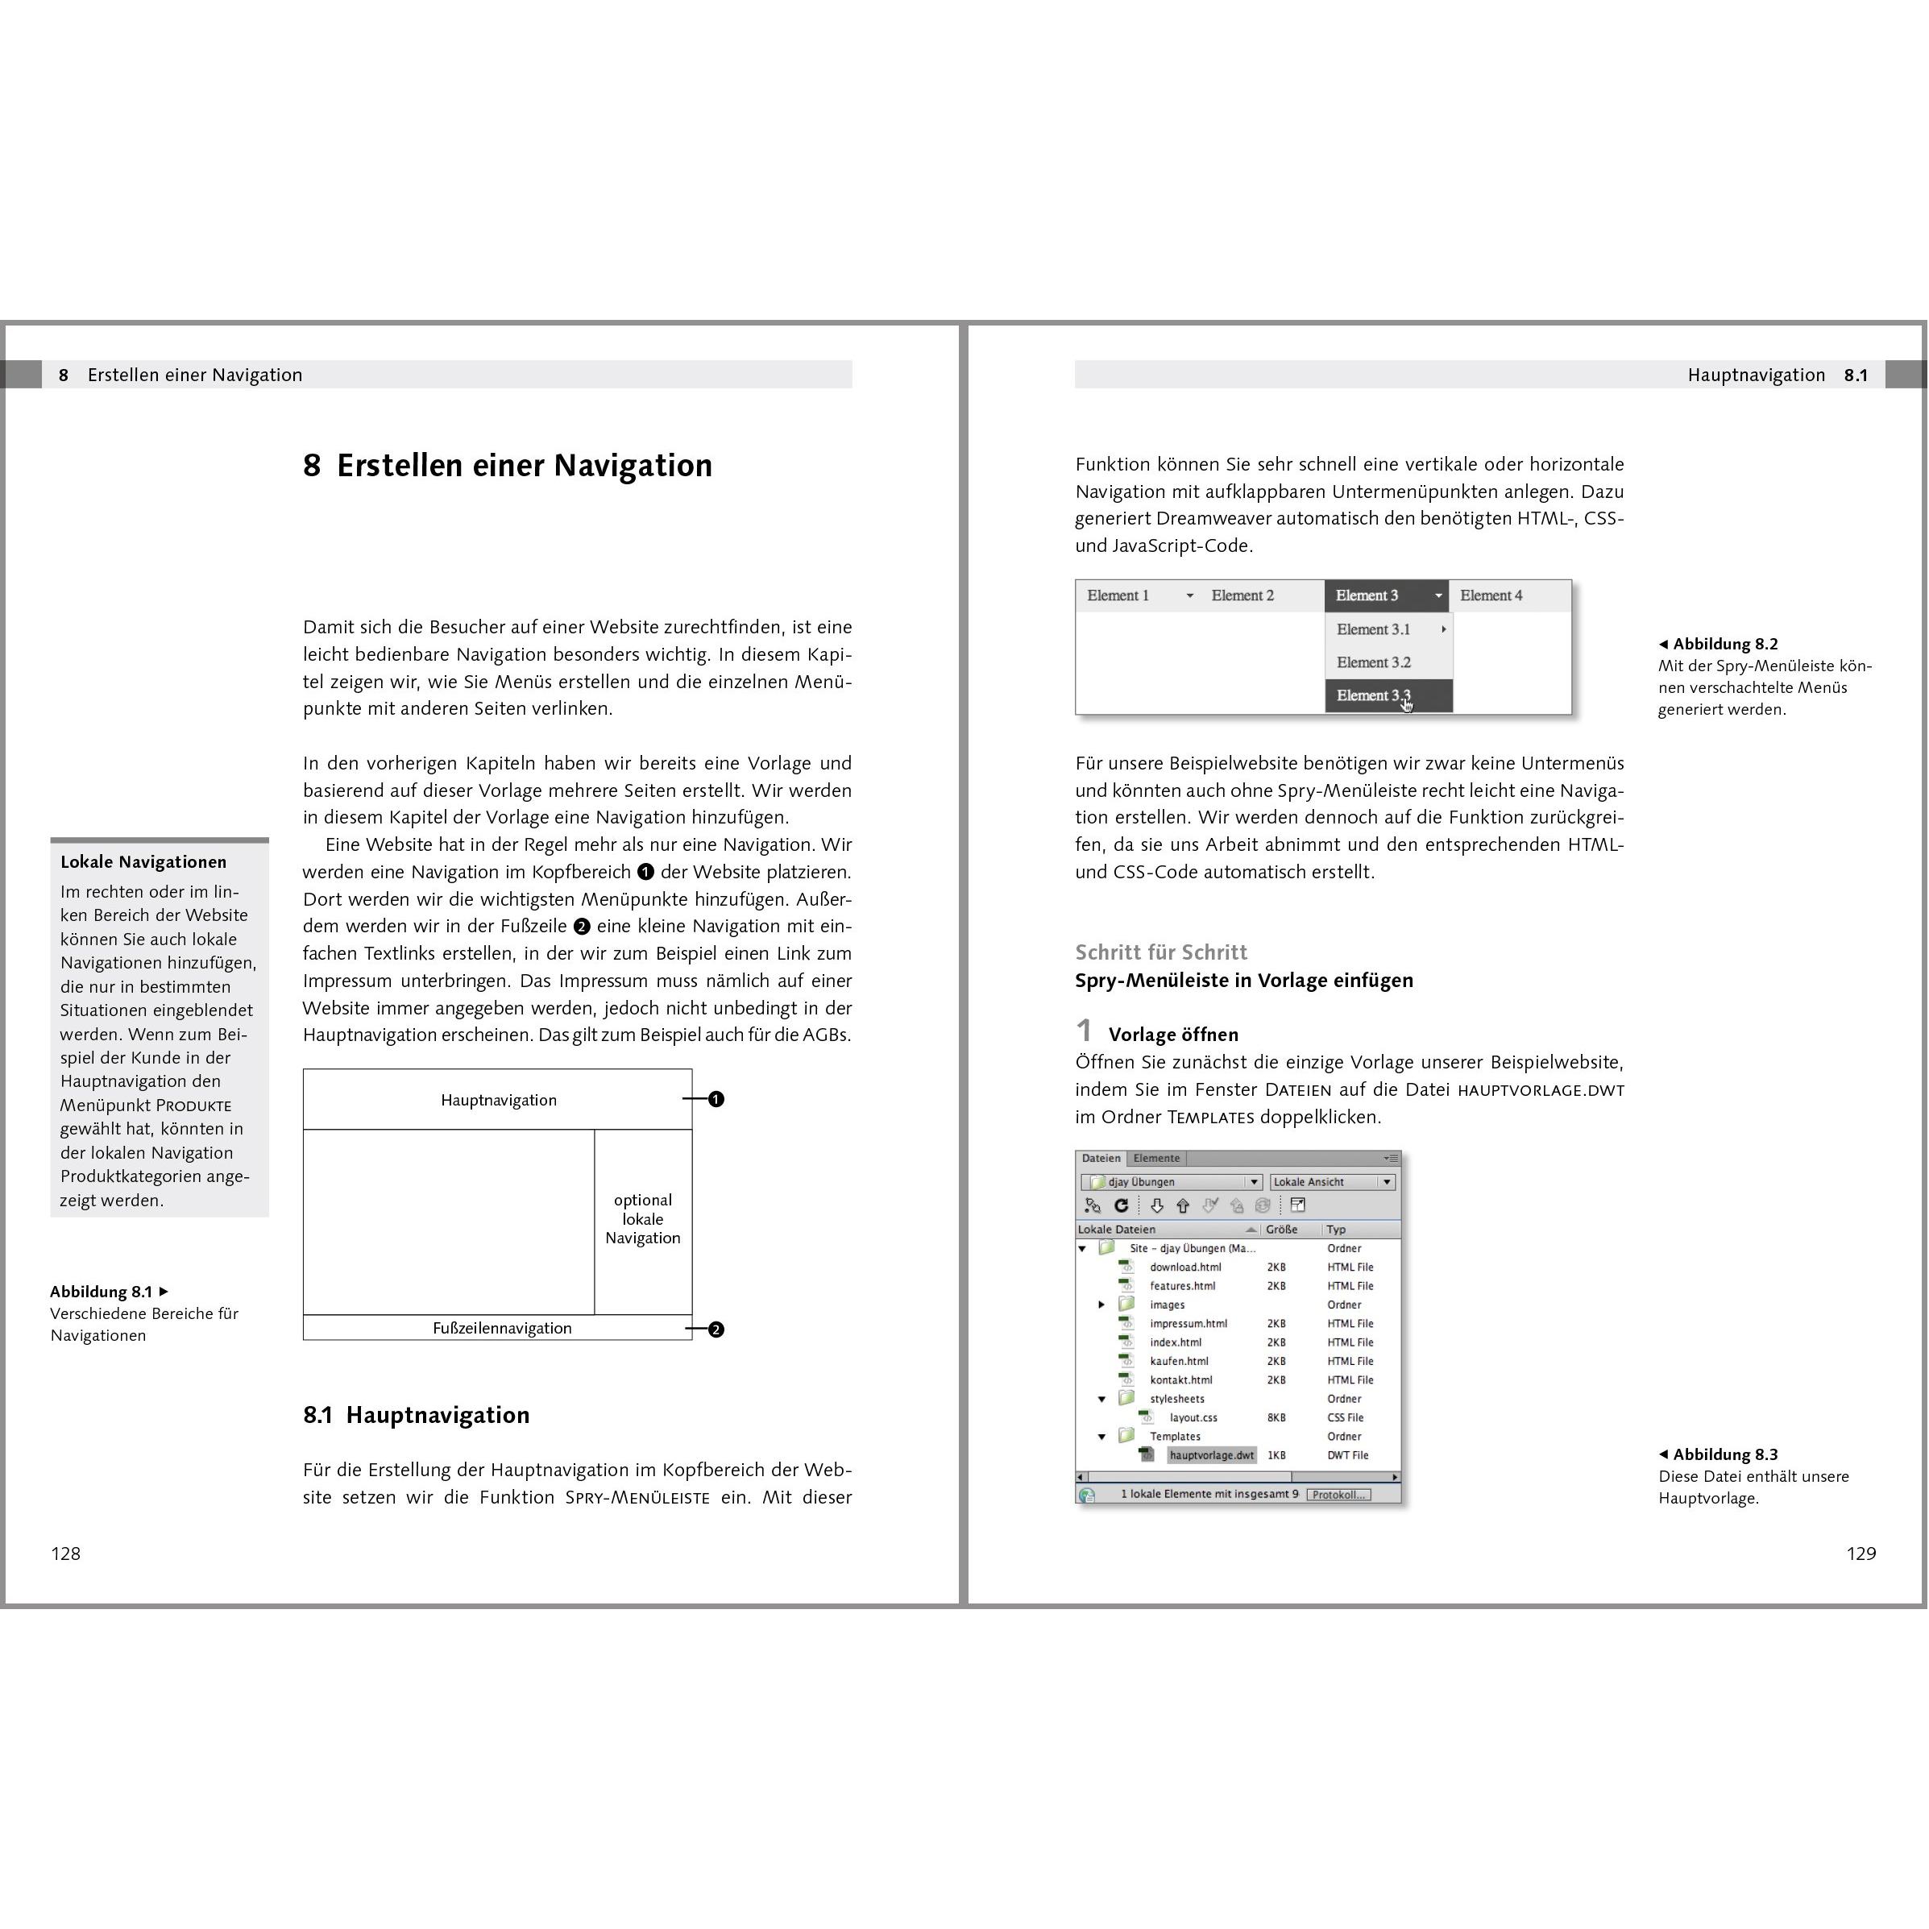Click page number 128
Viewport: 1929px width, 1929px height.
pyautogui.click(x=66, y=1554)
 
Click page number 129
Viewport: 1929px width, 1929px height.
pyautogui.click(x=1861, y=1554)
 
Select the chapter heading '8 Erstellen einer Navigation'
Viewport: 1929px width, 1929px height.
pyautogui.click(x=507, y=465)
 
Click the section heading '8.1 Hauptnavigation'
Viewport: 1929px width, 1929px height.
pyautogui.click(x=417, y=1415)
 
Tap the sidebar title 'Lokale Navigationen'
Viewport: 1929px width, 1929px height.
pyautogui.click(x=143, y=861)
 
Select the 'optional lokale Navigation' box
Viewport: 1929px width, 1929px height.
pyautogui.click(x=643, y=1219)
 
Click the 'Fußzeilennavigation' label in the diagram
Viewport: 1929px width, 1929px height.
pyautogui.click(x=502, y=1328)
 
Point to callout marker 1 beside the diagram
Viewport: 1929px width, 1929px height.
pyautogui.click(x=716, y=1099)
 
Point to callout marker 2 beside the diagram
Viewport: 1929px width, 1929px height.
pyautogui.click(x=716, y=1329)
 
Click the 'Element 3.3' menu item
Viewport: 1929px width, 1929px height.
pyautogui.click(x=1374, y=695)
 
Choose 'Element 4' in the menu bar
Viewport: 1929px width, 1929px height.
pyautogui.click(x=1491, y=595)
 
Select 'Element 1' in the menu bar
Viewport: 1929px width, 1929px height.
pyautogui.click(x=1118, y=595)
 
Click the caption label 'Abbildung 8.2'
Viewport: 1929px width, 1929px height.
pyautogui.click(x=1724, y=644)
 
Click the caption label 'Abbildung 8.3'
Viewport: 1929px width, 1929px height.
pyautogui.click(x=1724, y=1454)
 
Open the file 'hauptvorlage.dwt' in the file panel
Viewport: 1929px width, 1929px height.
pyautogui.click(x=1211, y=1454)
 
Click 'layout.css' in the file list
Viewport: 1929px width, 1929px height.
pyautogui.click(x=1193, y=1417)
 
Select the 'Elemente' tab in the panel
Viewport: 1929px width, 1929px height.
pyautogui.click(x=1156, y=1158)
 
